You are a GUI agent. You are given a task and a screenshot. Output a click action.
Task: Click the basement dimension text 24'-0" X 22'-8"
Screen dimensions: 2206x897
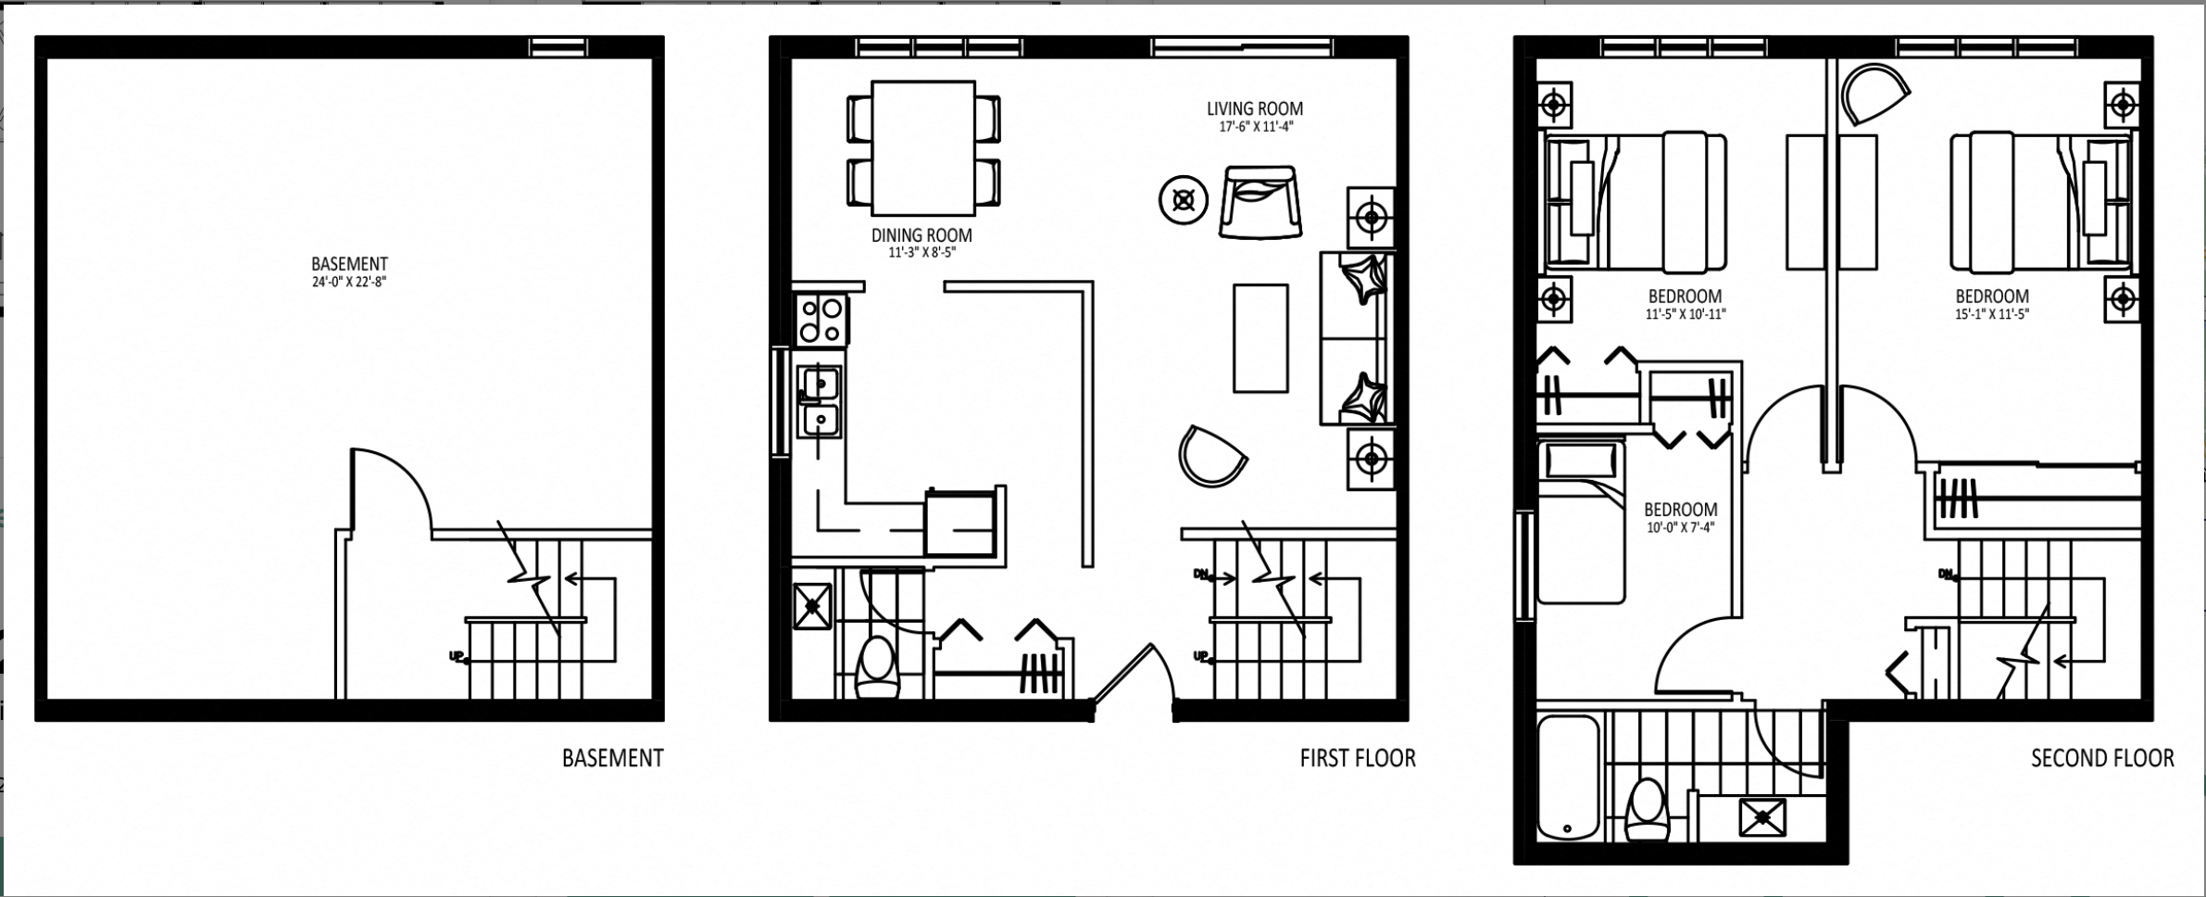[x=349, y=282]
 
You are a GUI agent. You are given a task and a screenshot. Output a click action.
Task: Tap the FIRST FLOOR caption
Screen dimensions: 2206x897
[x=1358, y=758]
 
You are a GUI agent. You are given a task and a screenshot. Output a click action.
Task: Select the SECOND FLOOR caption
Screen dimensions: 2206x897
[x=2102, y=758]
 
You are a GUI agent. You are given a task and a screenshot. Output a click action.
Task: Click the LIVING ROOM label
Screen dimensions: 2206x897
[x=1255, y=109]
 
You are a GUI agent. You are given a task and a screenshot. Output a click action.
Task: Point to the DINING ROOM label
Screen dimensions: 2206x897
[x=921, y=235]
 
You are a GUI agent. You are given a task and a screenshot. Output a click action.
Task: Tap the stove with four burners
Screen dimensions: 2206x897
[x=821, y=319]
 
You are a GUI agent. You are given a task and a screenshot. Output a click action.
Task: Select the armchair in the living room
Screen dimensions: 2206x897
[x=1260, y=203]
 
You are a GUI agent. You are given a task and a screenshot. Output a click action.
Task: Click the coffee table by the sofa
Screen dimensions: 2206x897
[x=1260, y=338]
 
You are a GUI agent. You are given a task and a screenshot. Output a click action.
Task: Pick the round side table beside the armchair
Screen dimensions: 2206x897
[x=1184, y=199]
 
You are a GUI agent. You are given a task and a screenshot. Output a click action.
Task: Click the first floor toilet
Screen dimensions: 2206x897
[x=878, y=666]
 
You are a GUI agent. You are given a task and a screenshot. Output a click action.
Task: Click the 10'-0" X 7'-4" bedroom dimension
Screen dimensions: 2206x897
[x=1681, y=528]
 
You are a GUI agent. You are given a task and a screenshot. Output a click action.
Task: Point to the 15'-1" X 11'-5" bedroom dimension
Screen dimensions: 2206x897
[x=1992, y=314]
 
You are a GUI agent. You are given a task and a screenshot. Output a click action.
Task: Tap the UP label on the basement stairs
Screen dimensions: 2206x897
[x=457, y=657]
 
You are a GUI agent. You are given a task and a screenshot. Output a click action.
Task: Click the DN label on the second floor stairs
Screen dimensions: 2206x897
[x=1946, y=575]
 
